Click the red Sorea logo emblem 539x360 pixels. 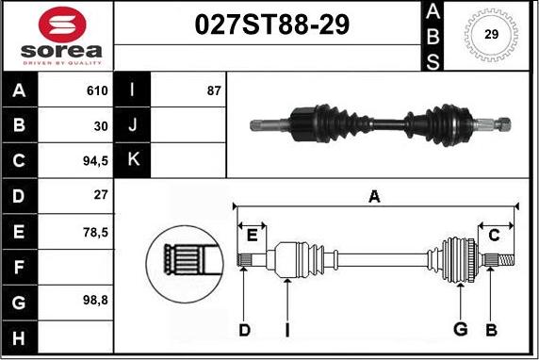62,25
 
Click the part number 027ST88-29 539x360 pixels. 272,25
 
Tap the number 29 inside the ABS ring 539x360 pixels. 491,34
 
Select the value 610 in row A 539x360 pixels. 97,90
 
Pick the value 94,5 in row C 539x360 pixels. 95,161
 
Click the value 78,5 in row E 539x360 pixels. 95,233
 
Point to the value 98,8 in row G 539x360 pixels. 95,301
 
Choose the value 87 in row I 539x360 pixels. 214,90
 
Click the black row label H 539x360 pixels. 19,338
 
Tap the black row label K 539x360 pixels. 133,159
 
